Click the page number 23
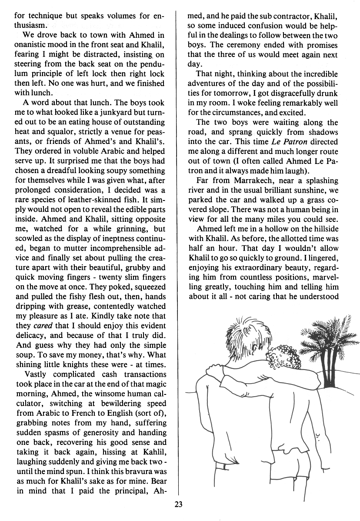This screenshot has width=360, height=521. [178, 504]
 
